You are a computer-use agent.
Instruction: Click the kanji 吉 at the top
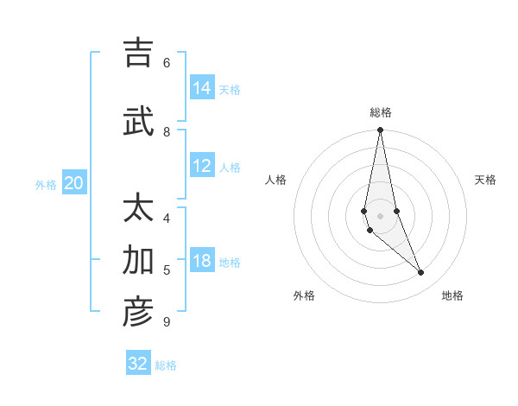138,54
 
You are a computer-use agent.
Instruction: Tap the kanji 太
138,209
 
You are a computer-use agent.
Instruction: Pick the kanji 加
138,260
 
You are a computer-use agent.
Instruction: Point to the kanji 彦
138,312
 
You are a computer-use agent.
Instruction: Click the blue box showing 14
202,88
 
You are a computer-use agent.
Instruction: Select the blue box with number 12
202,167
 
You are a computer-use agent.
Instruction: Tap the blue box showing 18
202,262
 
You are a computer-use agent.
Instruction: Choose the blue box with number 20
74,183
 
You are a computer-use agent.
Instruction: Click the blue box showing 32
138,364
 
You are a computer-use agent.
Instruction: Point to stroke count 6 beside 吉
167,62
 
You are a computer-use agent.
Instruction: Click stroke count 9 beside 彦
166,322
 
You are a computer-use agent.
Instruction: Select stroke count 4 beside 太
167,218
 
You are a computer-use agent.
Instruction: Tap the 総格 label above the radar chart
381,112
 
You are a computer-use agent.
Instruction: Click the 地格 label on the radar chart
452,295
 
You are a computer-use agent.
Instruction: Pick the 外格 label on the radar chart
304,295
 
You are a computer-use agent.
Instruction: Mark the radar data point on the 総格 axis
380,130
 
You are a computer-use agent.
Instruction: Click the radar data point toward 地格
421,272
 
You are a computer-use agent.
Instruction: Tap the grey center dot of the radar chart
380,216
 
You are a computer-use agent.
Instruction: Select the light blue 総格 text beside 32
166,365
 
